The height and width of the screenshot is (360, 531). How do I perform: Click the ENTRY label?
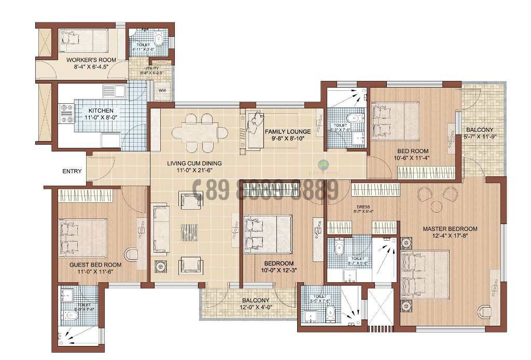click(72, 171)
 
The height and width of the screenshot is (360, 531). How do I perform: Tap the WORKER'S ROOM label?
click(91, 60)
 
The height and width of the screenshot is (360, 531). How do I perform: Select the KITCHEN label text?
click(101, 110)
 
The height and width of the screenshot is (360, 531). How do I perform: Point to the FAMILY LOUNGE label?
click(288, 131)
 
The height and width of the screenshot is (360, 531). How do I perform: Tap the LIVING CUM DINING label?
click(194, 163)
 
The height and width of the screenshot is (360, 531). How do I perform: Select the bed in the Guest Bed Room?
click(83, 238)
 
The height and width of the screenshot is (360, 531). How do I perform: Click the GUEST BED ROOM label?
click(95, 265)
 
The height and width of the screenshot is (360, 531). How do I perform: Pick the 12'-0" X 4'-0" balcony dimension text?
click(255, 307)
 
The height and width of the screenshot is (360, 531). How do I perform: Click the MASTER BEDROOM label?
click(450, 228)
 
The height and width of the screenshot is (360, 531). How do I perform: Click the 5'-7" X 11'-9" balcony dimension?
click(480, 137)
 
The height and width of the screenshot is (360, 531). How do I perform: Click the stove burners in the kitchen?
click(67, 114)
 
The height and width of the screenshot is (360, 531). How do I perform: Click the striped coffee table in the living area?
click(189, 232)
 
